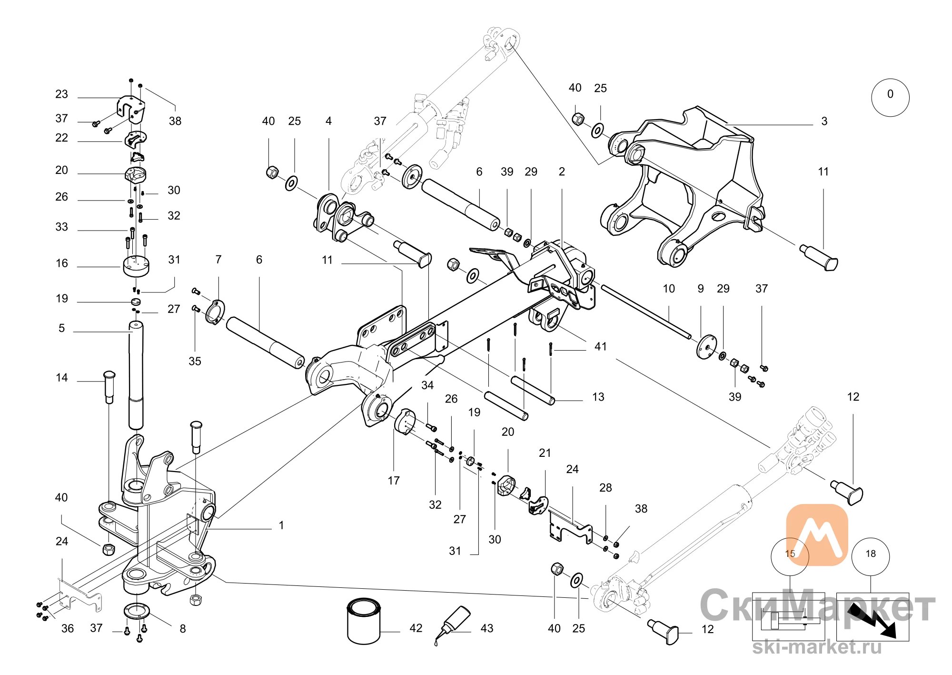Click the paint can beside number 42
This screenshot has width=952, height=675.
click(x=364, y=621)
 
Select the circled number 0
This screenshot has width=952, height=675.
click(x=890, y=97)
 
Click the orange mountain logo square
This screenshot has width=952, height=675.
click(x=817, y=534)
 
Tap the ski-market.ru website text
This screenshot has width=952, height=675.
click(x=817, y=647)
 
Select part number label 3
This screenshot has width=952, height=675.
click(x=824, y=121)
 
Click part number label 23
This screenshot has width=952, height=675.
click(x=62, y=94)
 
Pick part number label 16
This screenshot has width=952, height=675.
click(x=62, y=263)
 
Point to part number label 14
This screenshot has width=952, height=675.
click(x=62, y=378)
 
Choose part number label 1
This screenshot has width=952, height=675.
click(x=281, y=525)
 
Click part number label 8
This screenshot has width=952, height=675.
click(x=183, y=629)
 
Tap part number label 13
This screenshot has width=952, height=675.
click(x=598, y=397)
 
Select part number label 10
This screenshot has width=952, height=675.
click(x=669, y=289)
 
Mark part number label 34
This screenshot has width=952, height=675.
click(x=427, y=385)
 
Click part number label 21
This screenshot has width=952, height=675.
click(x=545, y=453)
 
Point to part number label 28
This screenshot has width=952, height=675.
click(x=605, y=488)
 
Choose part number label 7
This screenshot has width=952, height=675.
click(x=218, y=260)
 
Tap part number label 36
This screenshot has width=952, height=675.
click(x=68, y=629)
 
